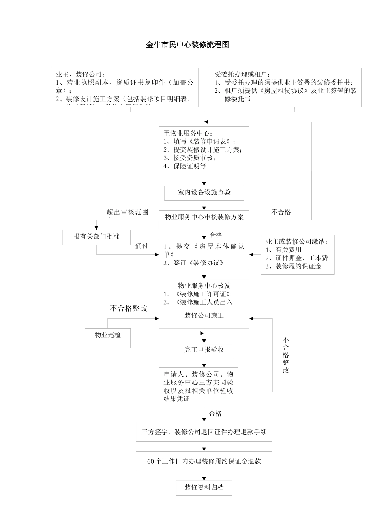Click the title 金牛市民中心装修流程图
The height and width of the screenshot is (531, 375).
187,45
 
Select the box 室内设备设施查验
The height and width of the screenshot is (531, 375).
204,193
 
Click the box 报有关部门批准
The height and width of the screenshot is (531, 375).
96,237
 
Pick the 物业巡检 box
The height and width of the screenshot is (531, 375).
108,335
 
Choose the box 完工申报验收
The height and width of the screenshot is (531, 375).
204,350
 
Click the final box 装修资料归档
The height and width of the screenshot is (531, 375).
204,488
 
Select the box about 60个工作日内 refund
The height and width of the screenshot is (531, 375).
204,461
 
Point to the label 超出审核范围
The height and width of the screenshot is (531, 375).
127,213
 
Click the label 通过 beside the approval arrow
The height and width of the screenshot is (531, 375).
142,247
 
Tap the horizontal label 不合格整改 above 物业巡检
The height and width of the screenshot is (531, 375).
129,309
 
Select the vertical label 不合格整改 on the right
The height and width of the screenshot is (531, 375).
286,355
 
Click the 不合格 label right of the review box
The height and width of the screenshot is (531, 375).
281,212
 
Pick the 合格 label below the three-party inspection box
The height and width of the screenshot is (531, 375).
216,414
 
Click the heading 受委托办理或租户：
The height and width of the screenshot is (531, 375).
243,74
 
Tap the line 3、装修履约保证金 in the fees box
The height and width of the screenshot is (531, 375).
293,266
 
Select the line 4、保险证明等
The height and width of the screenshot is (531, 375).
185,166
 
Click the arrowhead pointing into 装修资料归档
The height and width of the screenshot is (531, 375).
204,478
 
